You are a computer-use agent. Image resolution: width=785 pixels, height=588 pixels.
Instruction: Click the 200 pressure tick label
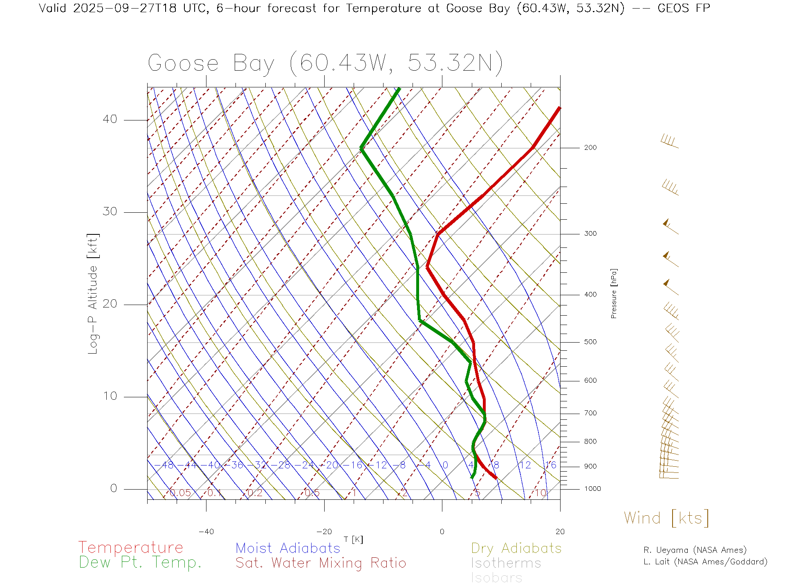click(590, 147)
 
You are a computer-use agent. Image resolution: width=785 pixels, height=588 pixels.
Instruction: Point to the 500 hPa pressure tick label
click(590, 342)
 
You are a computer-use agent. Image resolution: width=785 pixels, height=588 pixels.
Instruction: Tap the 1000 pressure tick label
click(592, 489)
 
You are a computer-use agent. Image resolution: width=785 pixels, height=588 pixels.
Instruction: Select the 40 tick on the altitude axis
click(110, 119)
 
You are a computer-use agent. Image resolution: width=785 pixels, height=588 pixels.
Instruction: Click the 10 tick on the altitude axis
click(110, 396)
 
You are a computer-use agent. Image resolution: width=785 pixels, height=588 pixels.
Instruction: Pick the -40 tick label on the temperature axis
click(206, 532)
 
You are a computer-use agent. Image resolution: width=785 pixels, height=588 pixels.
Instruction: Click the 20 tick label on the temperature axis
click(560, 532)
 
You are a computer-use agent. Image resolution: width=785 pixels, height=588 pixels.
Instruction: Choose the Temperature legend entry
click(131, 548)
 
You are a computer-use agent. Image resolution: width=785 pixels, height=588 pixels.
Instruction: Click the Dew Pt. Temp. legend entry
click(140, 563)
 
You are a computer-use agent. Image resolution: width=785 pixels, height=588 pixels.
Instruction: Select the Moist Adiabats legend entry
click(288, 548)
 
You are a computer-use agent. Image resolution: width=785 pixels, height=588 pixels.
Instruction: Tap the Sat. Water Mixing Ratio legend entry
click(321, 563)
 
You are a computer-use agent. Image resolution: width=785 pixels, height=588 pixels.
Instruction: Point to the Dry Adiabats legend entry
click(516, 548)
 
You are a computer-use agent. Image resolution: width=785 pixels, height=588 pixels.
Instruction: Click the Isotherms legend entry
click(506, 563)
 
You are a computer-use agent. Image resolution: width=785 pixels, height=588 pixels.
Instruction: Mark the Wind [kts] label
click(666, 518)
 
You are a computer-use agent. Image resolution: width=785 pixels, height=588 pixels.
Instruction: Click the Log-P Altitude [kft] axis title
click(93, 294)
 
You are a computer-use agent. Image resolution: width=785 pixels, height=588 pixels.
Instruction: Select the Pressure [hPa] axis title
click(614, 294)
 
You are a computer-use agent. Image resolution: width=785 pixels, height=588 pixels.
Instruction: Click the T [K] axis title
click(353, 539)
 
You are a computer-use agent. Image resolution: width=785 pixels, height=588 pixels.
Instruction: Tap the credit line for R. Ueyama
click(695, 550)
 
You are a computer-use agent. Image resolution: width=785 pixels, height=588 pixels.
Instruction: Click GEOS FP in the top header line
click(684, 8)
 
